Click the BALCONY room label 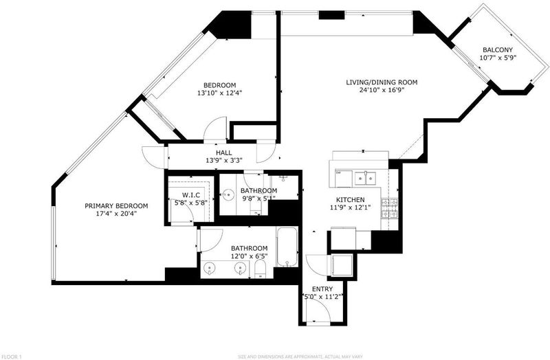498,49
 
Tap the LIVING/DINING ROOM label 382,82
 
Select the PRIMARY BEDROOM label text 116,206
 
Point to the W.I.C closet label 191,195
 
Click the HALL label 224,153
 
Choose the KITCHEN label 350,200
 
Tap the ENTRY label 322,289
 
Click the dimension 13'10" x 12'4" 219,93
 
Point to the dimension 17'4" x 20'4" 116,214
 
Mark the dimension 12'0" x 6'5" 249,256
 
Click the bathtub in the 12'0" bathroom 287,247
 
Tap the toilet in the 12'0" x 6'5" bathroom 261,269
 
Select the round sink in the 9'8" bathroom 229,194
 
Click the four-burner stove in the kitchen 390,208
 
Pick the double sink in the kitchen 365,178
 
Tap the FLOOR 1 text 11,357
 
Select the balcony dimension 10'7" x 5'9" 498,58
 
